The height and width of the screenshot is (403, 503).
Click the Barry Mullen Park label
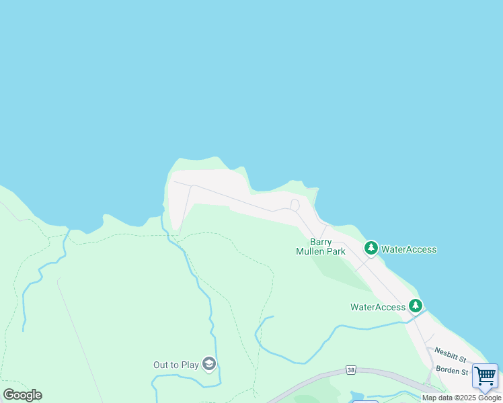point(321,247)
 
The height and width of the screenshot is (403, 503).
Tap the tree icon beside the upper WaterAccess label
point(371,249)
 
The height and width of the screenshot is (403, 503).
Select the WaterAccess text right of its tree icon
point(409,249)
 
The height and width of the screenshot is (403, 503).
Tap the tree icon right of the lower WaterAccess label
point(416,306)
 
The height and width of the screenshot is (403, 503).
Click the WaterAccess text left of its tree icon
point(378,307)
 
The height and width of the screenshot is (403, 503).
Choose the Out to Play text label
point(176,365)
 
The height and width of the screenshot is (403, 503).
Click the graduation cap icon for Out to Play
point(209,364)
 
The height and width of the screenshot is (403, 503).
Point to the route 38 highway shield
point(350,370)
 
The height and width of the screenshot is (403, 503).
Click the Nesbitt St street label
point(451,351)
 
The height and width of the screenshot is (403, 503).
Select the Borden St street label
point(451,371)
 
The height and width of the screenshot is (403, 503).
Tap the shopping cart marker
point(485,376)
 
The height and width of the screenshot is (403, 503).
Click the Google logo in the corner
point(22,395)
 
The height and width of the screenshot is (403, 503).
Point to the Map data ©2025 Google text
point(461,398)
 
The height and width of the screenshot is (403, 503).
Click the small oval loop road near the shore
point(295,205)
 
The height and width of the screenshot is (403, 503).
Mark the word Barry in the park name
point(321,242)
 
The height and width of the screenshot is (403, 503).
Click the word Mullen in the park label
point(311,252)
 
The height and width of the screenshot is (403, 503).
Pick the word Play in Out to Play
point(190,365)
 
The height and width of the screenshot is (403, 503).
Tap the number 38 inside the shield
point(350,370)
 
